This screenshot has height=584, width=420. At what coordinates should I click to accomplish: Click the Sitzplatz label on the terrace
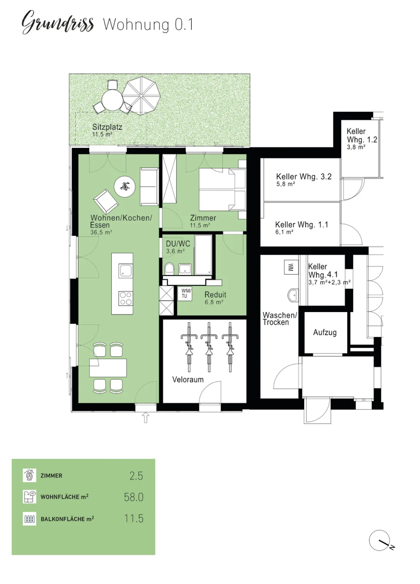click(x=107, y=127)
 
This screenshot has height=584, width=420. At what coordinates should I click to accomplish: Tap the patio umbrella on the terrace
click(x=141, y=95)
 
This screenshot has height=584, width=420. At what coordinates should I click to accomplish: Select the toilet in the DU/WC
click(x=169, y=268)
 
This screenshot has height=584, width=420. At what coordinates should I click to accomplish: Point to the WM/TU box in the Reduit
click(x=185, y=294)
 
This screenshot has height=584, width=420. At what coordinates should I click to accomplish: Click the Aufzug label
click(x=325, y=333)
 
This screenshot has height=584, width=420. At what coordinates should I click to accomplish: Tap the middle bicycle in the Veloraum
click(x=209, y=347)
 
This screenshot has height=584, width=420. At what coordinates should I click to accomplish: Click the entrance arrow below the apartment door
click(x=146, y=418)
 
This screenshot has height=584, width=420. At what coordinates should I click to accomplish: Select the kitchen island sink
click(x=126, y=270)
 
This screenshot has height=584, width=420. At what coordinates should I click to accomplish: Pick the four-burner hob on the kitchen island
click(x=126, y=299)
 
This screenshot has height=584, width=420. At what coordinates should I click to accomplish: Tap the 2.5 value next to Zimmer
click(x=136, y=476)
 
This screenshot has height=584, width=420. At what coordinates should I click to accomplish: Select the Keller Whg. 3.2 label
click(x=303, y=177)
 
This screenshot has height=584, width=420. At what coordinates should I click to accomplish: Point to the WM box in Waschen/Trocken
click(x=291, y=267)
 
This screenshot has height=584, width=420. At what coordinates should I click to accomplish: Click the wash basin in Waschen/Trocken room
click(x=293, y=295)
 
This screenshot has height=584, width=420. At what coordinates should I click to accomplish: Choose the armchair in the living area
click(x=106, y=201)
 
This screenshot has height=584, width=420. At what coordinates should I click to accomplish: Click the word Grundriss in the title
click(x=57, y=23)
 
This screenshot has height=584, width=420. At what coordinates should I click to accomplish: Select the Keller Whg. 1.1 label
click(x=302, y=224)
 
